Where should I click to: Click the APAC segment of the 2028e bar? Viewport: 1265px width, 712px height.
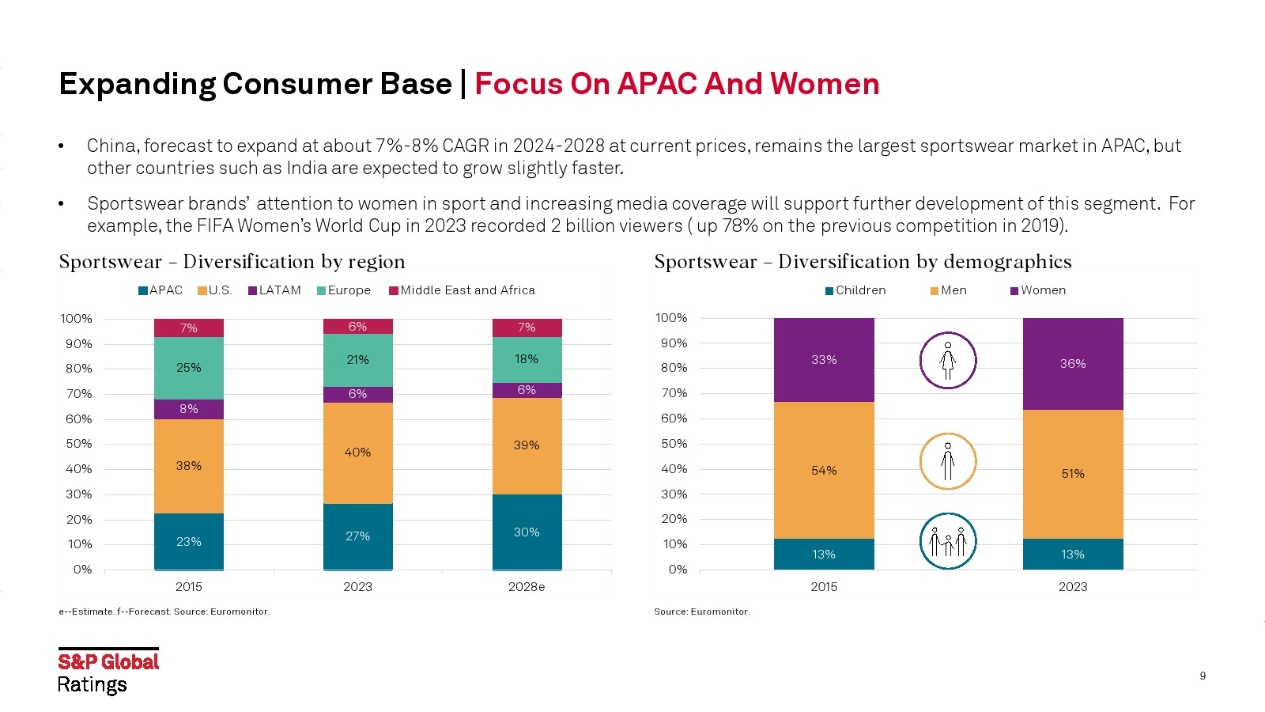[527, 532]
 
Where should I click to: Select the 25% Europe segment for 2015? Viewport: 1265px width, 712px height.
[188, 368]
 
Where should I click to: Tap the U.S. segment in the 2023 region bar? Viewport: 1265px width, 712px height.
[357, 453]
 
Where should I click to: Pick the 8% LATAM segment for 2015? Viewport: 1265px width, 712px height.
[188, 409]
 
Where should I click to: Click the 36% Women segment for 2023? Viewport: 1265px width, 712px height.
[1072, 364]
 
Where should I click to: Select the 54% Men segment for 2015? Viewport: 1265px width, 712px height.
[823, 470]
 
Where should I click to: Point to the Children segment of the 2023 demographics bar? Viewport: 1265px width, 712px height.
[1072, 554]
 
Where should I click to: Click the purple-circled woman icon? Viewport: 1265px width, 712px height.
[948, 361]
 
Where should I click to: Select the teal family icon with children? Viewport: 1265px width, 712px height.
[948, 541]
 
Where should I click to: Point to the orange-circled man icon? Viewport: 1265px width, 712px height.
[948, 461]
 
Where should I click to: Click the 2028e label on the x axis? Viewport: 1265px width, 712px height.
[527, 586]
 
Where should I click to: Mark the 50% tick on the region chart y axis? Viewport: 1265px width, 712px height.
[78, 444]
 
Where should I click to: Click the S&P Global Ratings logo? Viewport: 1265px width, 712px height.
[108, 672]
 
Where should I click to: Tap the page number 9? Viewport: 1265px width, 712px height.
[1203, 676]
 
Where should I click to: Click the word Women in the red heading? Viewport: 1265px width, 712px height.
[825, 84]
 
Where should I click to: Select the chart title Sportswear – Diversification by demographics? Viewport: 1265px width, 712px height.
[863, 262]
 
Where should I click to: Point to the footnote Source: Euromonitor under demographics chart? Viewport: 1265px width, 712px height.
[701, 612]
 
